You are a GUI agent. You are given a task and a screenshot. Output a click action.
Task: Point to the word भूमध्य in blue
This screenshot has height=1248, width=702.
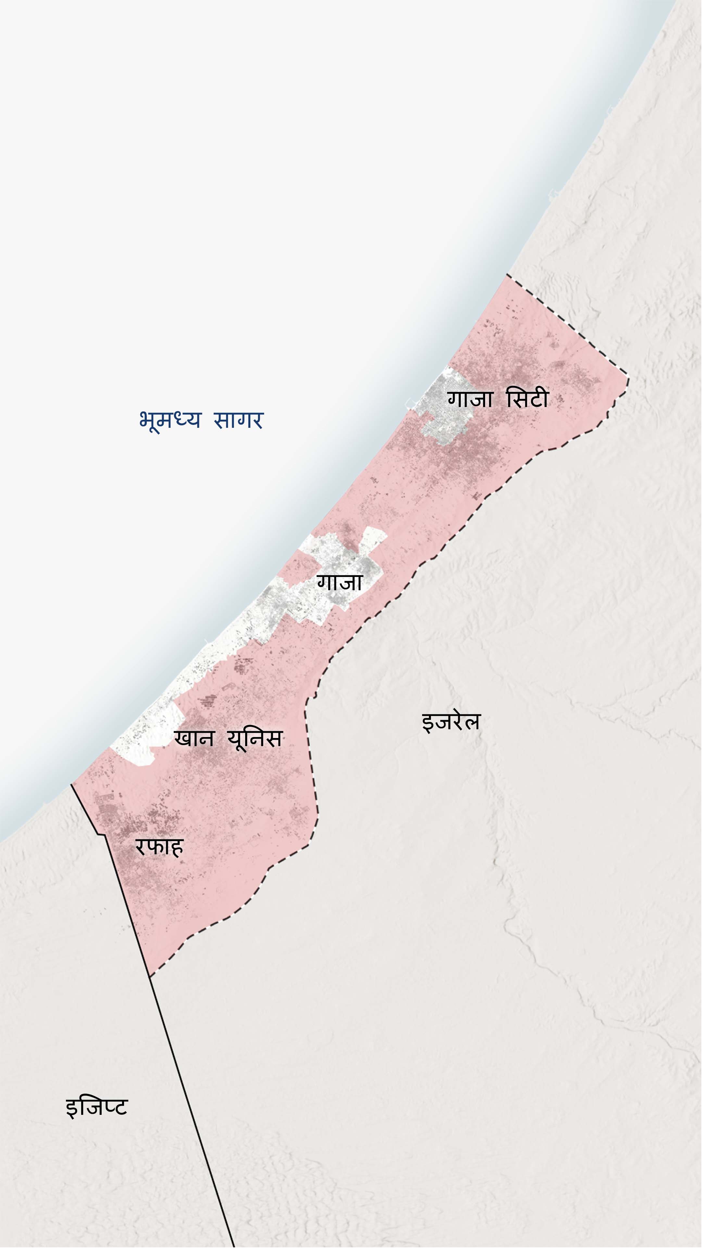click(x=169, y=420)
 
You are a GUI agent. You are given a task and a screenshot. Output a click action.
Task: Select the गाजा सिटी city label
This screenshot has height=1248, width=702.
click(x=498, y=400)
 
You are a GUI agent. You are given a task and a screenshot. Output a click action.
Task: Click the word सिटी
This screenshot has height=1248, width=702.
click(x=527, y=400)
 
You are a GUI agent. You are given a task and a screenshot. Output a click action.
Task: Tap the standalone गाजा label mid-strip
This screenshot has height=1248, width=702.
click(x=339, y=582)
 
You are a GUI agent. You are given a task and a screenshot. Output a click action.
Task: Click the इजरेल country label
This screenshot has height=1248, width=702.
click(x=451, y=721)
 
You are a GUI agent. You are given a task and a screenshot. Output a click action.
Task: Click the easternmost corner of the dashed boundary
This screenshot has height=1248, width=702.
click(x=628, y=378)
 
